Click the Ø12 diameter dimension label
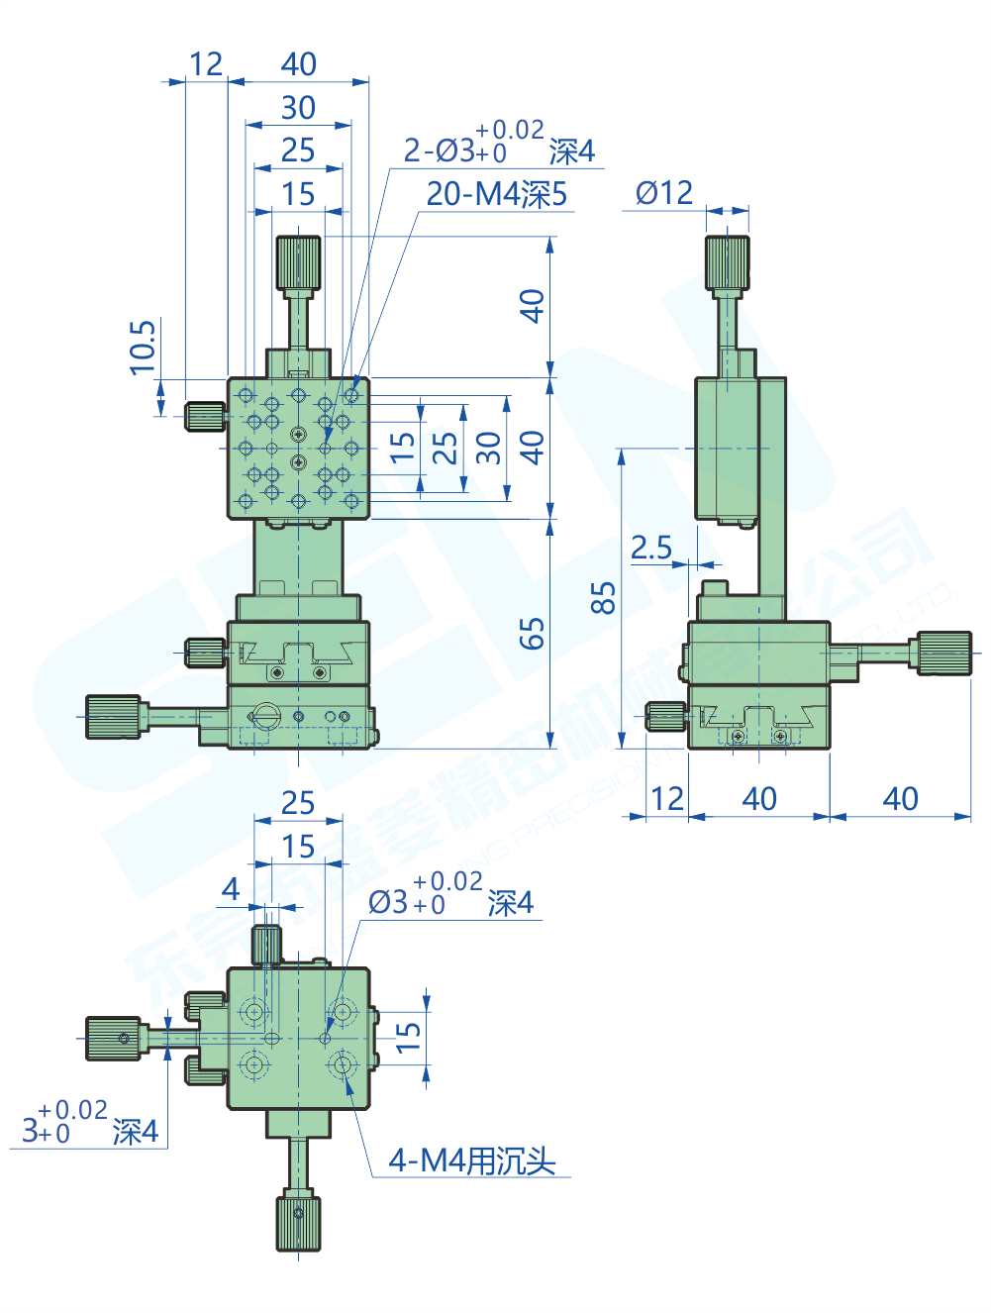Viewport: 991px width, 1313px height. [x=664, y=193]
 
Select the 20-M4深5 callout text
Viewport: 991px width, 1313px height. [x=497, y=194]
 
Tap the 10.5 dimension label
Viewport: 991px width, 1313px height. [x=144, y=347]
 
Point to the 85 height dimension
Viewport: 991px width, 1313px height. [x=603, y=598]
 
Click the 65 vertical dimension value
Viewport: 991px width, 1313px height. [x=533, y=634]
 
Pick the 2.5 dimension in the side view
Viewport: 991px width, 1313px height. [x=651, y=548]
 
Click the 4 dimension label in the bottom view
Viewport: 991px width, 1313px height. [x=231, y=889]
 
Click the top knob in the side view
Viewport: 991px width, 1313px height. [x=728, y=262]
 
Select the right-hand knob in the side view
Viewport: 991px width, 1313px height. [x=943, y=654]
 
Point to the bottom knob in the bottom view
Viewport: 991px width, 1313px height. [x=298, y=1223]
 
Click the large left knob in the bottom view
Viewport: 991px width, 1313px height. [x=113, y=1038]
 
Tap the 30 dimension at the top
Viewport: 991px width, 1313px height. [x=298, y=107]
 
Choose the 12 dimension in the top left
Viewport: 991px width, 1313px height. [x=206, y=64]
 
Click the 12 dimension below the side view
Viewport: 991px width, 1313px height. [x=667, y=799]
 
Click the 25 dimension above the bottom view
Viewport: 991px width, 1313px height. [x=298, y=803]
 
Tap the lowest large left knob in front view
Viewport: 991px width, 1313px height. [x=113, y=717]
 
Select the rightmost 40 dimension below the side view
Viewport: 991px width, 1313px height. [x=900, y=799]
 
